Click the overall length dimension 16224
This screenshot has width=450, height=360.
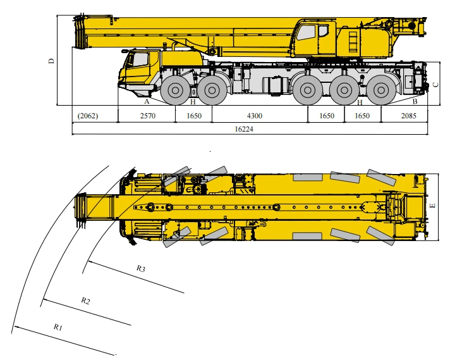point(244,129)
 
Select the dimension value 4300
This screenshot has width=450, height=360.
point(255,116)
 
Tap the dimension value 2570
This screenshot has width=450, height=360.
point(147,116)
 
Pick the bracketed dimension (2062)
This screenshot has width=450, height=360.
point(88,116)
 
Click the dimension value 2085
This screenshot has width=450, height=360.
point(408,116)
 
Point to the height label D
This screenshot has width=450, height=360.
point(51,61)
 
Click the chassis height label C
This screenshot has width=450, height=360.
point(435,85)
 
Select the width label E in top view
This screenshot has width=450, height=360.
point(433,206)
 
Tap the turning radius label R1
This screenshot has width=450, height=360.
point(58,327)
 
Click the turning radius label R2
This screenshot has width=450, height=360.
point(85,301)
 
